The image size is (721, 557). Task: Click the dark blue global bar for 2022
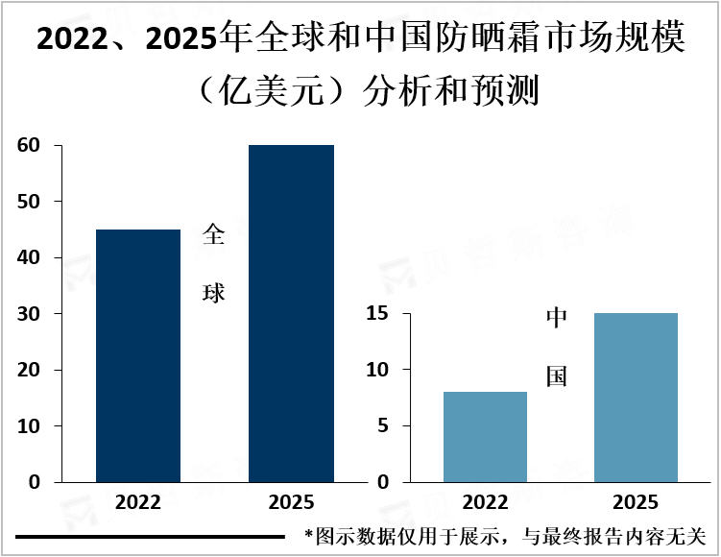pyautogui.click(x=138, y=355)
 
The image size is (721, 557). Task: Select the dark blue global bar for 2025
pyautogui.click(x=291, y=313)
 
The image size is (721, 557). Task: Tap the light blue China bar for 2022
pyautogui.click(x=485, y=436)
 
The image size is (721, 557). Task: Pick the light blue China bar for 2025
pyautogui.click(x=636, y=397)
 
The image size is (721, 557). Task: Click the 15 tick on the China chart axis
pyautogui.click(x=376, y=314)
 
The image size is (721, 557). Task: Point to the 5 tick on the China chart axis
pyautogui.click(x=382, y=425)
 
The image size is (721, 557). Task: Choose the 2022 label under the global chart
pyautogui.click(x=138, y=502)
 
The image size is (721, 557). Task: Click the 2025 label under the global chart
pyautogui.click(x=291, y=502)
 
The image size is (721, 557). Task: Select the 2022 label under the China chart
pyautogui.click(x=485, y=502)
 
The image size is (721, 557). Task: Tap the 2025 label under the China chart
pyautogui.click(x=636, y=502)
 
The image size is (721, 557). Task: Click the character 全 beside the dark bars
pyautogui.click(x=213, y=235)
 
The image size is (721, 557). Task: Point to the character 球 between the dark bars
pyautogui.click(x=213, y=292)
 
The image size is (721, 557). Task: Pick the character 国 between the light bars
pyautogui.click(x=557, y=375)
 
